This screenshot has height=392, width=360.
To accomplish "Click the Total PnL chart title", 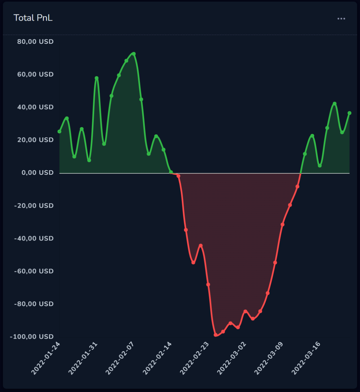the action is click(33, 18).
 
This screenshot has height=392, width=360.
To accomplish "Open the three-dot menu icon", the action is click(341, 19).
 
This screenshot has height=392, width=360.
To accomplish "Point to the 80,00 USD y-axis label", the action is click(35, 41).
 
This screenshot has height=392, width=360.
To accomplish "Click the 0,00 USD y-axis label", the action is click(37, 172).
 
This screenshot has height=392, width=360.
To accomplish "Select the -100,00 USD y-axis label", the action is click(32, 336).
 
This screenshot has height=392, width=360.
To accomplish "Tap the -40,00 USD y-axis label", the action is click(34, 238).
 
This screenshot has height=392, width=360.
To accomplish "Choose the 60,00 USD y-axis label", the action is click(35, 74).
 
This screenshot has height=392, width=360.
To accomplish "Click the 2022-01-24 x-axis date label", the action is click(45, 358).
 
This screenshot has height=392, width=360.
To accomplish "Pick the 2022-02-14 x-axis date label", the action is click(157, 358).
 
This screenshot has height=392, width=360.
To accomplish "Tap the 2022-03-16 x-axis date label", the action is click(306, 358).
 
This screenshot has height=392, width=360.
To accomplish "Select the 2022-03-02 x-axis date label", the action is click(231, 358).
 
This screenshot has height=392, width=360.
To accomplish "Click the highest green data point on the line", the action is click(134, 54).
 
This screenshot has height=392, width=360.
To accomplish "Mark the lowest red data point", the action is click(215, 335).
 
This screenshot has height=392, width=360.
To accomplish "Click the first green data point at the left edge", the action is click(60, 132).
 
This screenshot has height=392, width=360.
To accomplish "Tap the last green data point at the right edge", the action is click(350, 113).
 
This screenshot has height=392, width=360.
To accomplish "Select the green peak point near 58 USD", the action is click(97, 78).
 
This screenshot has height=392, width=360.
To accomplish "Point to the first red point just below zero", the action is click(179, 176).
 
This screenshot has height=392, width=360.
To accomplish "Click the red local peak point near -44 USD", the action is click(201, 245).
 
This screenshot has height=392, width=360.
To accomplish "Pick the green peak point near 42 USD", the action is click(334, 104).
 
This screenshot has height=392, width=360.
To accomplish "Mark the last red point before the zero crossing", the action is click(298, 187).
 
